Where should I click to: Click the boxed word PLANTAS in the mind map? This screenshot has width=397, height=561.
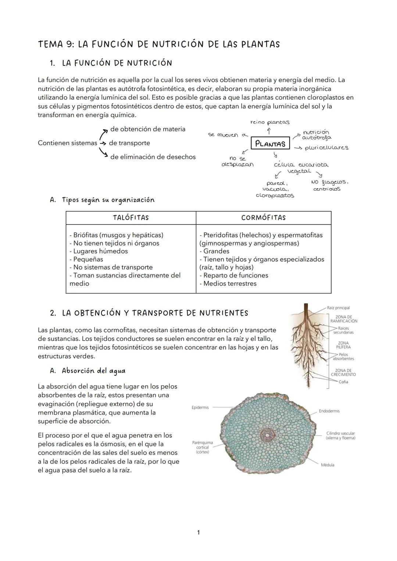[271, 144]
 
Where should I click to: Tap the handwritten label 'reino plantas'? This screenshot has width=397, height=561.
[269, 122]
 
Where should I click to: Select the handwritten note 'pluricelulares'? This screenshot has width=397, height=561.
[326, 148]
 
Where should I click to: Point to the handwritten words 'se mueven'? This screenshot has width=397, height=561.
[223, 135]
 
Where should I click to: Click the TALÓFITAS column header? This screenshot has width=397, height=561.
[131, 218]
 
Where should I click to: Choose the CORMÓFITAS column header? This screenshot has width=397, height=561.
[263, 218]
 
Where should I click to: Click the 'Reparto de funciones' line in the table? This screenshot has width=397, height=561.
[234, 276]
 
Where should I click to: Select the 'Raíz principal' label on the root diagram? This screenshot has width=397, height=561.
[338, 308]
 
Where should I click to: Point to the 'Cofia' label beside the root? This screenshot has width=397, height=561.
[343, 382]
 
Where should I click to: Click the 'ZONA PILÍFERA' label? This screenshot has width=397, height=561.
[343, 345]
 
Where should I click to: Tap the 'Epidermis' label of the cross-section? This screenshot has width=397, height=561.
[200, 407]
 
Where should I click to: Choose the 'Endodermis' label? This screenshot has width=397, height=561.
[329, 411]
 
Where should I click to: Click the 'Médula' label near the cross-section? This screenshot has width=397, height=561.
[328, 465]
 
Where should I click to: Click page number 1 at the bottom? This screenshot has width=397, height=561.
[198, 532]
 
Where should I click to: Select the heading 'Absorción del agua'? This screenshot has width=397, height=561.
[93, 371]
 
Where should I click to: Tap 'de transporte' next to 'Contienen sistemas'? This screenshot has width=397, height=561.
[129, 143]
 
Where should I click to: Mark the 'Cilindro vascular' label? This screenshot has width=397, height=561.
[340, 436]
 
